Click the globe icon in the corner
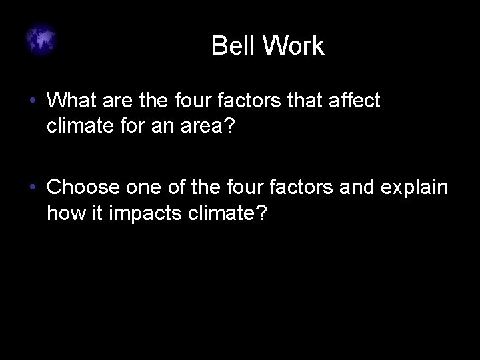point(42,41)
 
